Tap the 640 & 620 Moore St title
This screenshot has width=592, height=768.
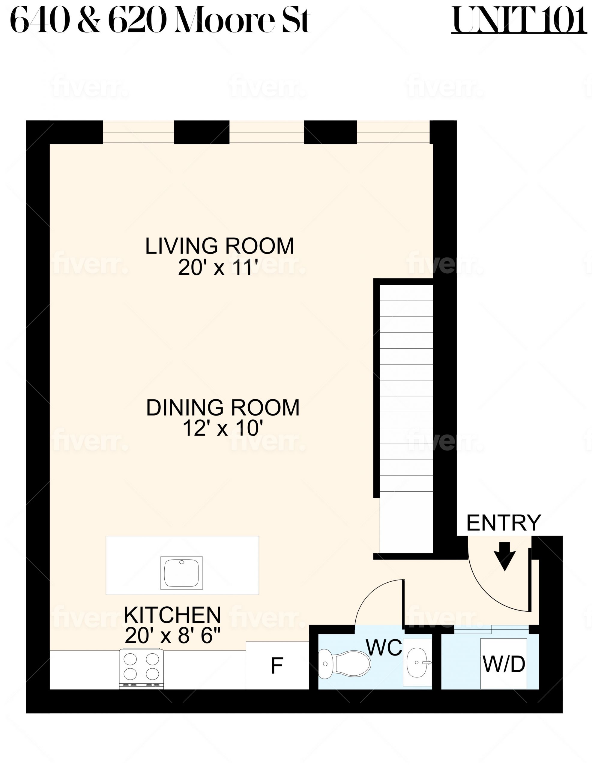160,20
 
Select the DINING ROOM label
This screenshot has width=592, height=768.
223,408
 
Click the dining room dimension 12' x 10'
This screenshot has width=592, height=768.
223,429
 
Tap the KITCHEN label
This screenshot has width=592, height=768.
172,615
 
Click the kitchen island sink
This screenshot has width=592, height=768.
181,573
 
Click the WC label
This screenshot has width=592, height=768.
384,647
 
